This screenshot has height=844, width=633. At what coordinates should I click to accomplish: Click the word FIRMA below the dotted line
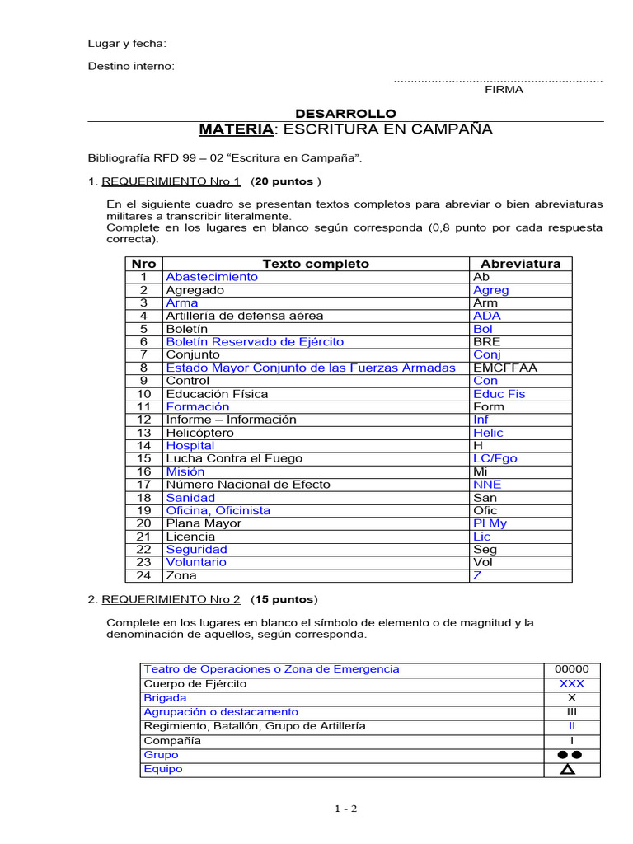503,90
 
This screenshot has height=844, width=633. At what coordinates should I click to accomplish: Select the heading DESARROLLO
345,114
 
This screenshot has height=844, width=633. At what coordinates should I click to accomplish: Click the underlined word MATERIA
236,129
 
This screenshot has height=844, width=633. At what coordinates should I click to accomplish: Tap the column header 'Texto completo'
316,264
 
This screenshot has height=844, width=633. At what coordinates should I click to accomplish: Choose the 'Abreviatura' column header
520,264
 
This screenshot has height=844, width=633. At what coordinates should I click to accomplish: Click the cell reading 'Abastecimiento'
212,277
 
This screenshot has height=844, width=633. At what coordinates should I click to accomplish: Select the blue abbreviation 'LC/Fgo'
495,458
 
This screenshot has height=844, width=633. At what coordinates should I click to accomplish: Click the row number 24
144,575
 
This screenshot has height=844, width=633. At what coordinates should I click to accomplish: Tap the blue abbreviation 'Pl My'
490,523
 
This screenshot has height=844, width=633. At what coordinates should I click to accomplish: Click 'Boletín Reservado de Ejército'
255,341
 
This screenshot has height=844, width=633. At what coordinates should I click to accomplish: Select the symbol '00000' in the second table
572,669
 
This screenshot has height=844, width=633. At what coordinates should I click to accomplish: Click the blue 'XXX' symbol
572,684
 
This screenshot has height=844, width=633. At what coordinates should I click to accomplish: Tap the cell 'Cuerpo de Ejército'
195,684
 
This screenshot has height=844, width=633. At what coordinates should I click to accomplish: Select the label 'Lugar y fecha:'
127,44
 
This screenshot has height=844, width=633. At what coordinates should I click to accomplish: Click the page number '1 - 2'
345,809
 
